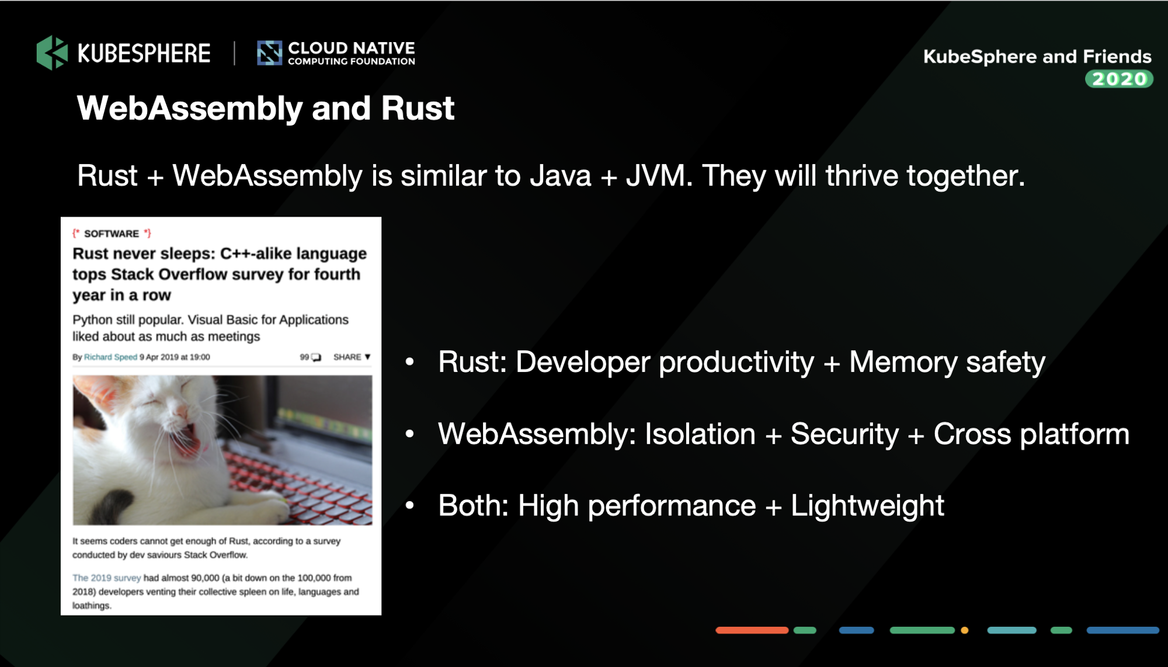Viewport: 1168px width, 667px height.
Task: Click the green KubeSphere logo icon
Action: click(52, 53)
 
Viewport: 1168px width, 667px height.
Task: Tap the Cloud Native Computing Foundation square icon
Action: click(269, 53)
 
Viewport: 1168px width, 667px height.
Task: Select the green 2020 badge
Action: click(1119, 79)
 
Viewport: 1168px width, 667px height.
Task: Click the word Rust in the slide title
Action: click(418, 108)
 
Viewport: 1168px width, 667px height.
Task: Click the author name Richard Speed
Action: click(110, 357)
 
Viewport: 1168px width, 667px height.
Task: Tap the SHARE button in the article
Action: click(352, 357)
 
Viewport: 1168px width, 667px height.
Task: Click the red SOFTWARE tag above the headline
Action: click(112, 234)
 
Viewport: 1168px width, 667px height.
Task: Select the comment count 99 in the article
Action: click(304, 357)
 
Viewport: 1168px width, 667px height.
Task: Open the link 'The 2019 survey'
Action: click(106, 578)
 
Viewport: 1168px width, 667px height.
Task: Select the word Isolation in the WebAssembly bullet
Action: click(700, 434)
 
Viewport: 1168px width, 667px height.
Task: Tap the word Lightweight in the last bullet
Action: click(867, 506)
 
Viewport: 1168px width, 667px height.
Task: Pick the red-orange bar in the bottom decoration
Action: click(752, 630)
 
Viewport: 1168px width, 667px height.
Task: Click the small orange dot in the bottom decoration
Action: click(965, 630)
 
